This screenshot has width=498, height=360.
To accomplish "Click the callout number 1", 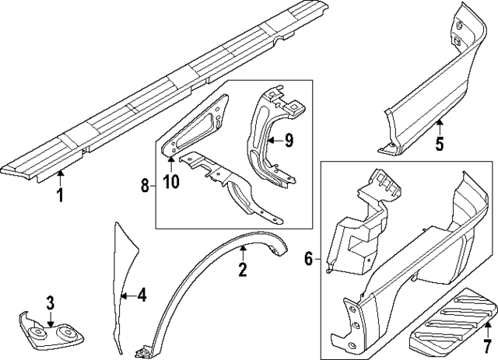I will click(60, 194).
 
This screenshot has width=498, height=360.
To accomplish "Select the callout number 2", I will click(243, 270).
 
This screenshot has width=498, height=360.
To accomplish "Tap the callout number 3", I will click(49, 302).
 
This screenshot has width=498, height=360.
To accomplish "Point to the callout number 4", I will click(142, 295).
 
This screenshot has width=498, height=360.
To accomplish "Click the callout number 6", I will click(309, 259).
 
